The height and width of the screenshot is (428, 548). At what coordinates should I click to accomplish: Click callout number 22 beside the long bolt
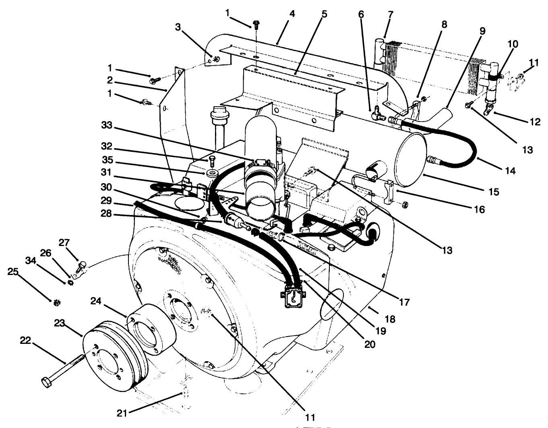25,340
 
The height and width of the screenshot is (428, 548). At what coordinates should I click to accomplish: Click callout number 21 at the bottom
123,413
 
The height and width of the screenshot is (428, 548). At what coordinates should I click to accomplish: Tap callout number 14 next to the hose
510,171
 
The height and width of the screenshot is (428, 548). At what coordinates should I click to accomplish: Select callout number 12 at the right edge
535,121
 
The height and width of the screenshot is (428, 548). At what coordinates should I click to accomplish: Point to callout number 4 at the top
292,14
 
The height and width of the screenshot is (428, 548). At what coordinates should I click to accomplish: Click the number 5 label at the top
324,14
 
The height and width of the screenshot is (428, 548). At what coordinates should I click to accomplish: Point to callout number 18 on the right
390,319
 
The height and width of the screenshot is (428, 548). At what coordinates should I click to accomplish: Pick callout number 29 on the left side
106,201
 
